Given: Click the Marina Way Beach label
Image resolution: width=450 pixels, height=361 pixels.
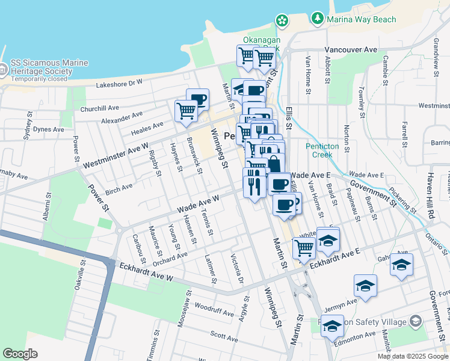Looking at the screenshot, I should pyautogui.click(x=362, y=19).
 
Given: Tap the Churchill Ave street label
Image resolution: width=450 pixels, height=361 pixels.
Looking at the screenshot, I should pyautogui.click(x=100, y=108).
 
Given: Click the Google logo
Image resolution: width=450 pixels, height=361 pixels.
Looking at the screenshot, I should pyautogui.click(x=20, y=354).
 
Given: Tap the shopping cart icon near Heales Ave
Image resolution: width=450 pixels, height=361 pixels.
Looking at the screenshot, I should pyautogui.click(x=186, y=110).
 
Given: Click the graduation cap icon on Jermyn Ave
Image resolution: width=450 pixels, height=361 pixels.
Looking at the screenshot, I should pyautogui.click(x=365, y=286).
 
